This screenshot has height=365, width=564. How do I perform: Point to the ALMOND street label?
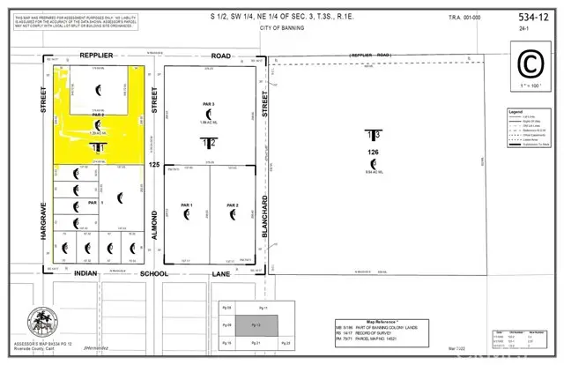pos(155,223)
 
